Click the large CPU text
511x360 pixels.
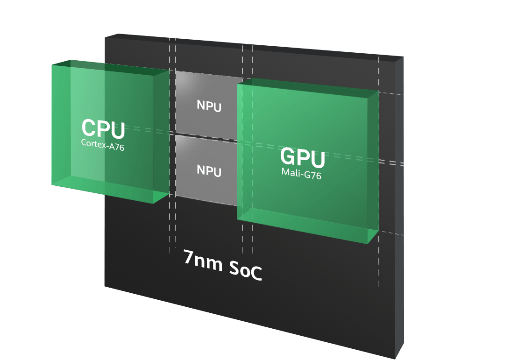pyautogui.click(x=103, y=129)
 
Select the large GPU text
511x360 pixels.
pyautogui.click(x=302, y=158)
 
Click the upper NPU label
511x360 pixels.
pyautogui.click(x=209, y=106)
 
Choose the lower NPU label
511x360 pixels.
pyautogui.click(x=209, y=170)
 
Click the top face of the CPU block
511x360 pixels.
pyautogui.click(x=112, y=66)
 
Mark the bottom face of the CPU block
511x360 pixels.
pyautogui.click(x=112, y=189)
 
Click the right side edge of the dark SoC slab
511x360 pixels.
pyautogui.click(x=399, y=210)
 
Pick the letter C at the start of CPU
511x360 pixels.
pyautogui.click(x=89, y=129)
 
